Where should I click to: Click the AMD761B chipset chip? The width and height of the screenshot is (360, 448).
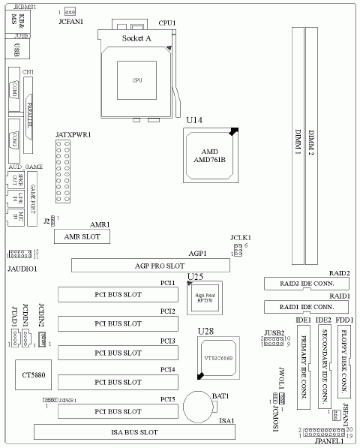pyautogui.click(x=210, y=155)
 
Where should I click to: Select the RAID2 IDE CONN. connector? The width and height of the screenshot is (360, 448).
pyautogui.click(x=307, y=284)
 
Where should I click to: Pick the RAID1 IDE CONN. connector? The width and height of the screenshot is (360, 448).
pyautogui.click(x=307, y=307)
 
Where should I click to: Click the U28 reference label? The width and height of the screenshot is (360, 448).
pyautogui.click(x=205, y=330)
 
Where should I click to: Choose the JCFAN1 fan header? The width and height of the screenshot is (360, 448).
pyautogui.click(x=70, y=12)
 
